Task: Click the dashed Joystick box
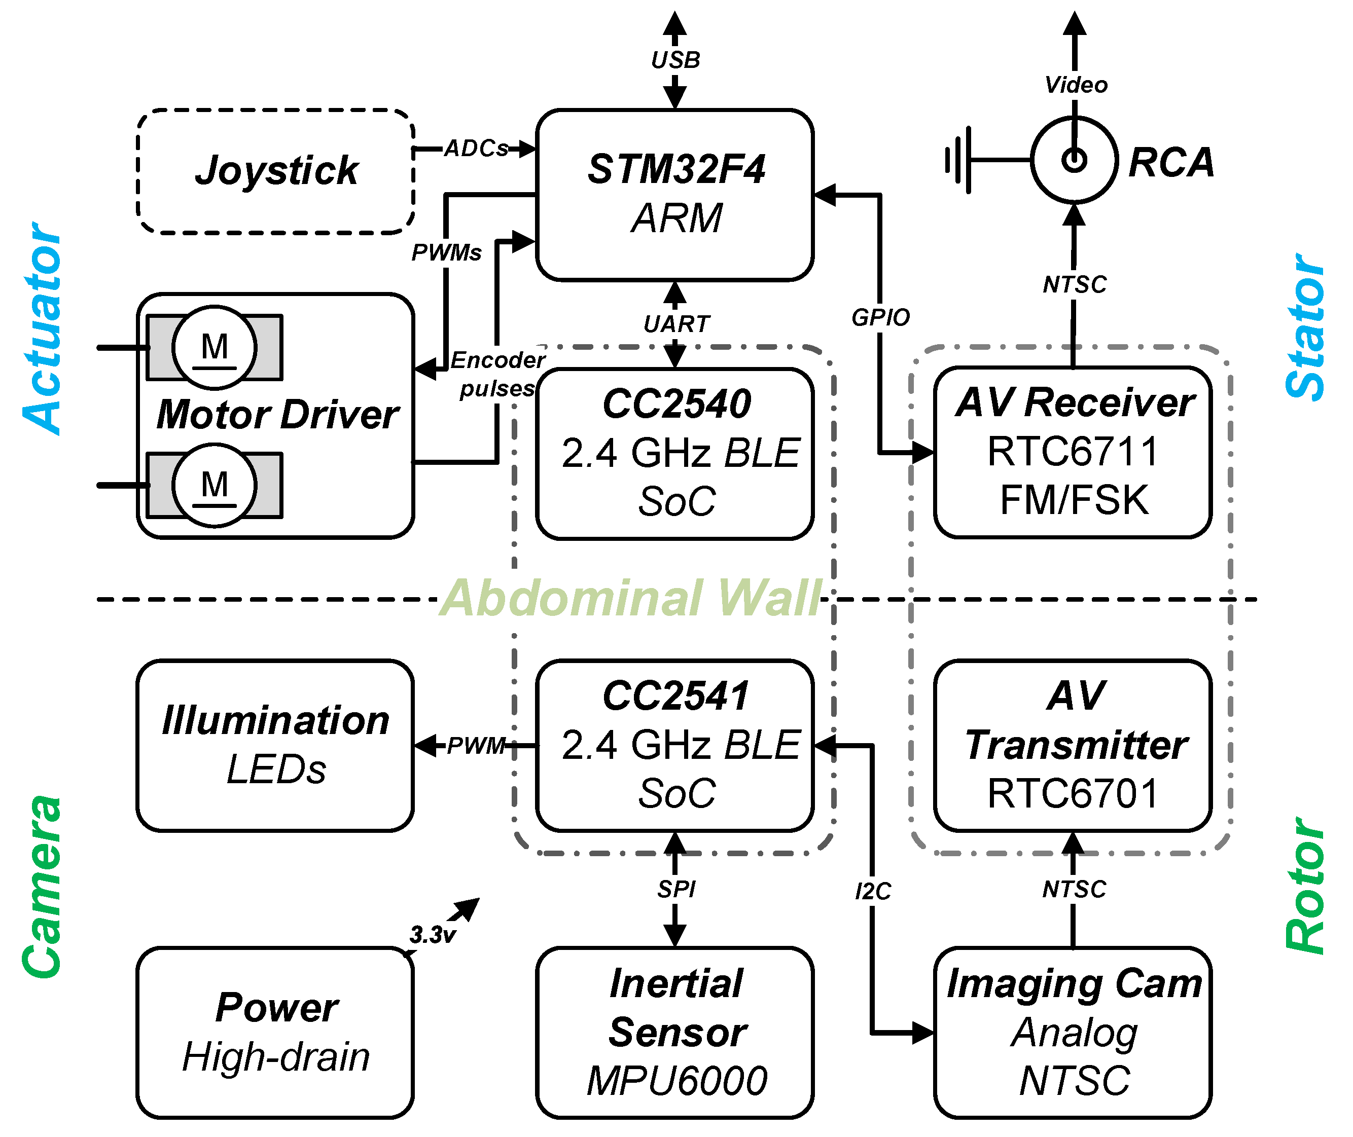pos(275,171)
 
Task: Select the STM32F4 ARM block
pos(674,195)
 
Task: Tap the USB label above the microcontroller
pos(675,60)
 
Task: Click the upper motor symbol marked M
pos(215,347)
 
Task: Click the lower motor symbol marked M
pos(215,485)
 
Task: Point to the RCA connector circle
pos(1074,160)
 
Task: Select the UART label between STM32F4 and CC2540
pos(676,323)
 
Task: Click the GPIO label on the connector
pos(880,317)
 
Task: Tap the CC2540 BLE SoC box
pos(674,453)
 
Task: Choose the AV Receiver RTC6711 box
pos(1073,452)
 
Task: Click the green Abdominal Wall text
pos(632,598)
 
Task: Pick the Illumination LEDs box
pos(275,745)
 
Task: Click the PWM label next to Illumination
pos(476,746)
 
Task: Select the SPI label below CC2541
pos(676,889)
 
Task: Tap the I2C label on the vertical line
pos(873,892)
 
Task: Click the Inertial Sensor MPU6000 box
pos(674,1033)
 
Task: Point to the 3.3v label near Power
pos(433,934)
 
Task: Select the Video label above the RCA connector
pos(1076,85)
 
